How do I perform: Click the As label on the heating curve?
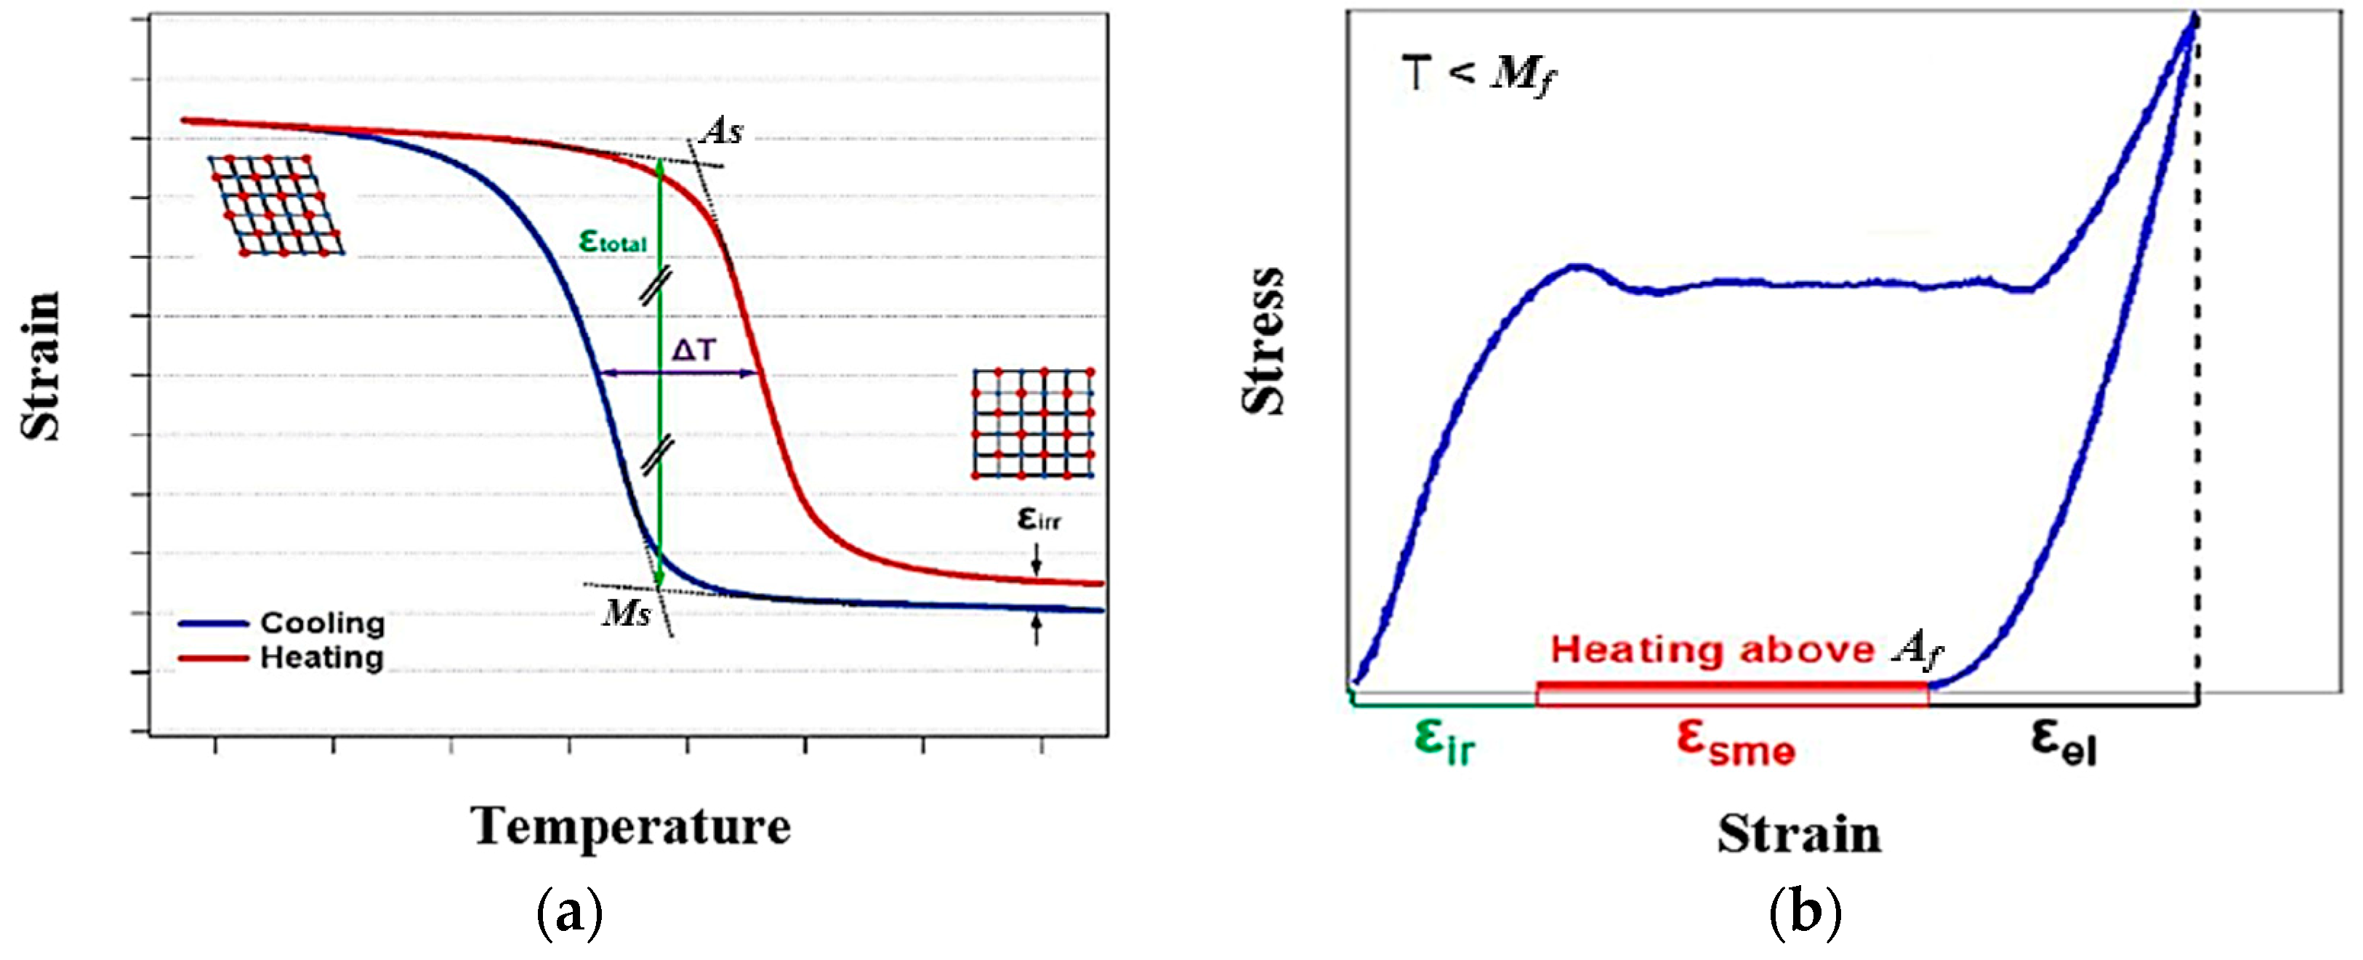[x=721, y=132]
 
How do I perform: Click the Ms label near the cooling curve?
[x=627, y=613]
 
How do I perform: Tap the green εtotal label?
[x=613, y=241]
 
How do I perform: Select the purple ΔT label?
[x=693, y=350]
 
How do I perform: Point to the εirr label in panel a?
[x=1039, y=519]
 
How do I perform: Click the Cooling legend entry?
[x=321, y=624]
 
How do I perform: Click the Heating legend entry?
[x=321, y=658]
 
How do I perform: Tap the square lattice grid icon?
[x=1033, y=423]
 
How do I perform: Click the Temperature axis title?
[x=630, y=826]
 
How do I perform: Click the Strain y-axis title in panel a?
[x=41, y=367]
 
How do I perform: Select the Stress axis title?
[x=1263, y=341]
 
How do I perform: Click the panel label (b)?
[x=1803, y=912]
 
